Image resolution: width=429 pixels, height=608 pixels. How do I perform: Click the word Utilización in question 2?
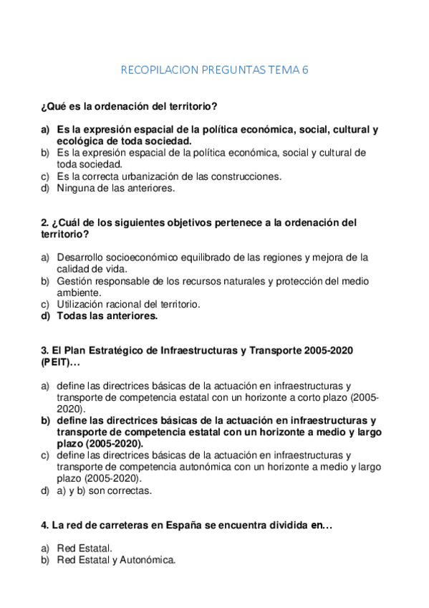coord(81,303)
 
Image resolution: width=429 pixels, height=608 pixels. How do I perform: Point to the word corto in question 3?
coord(311,396)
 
